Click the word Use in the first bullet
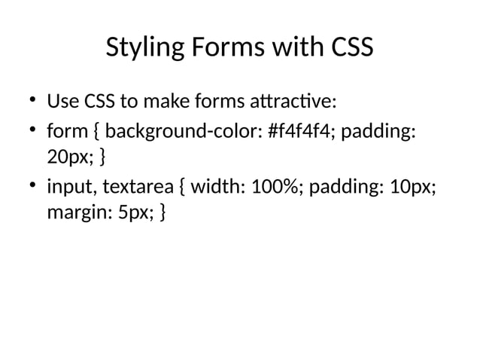61,100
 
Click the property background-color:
184,133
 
